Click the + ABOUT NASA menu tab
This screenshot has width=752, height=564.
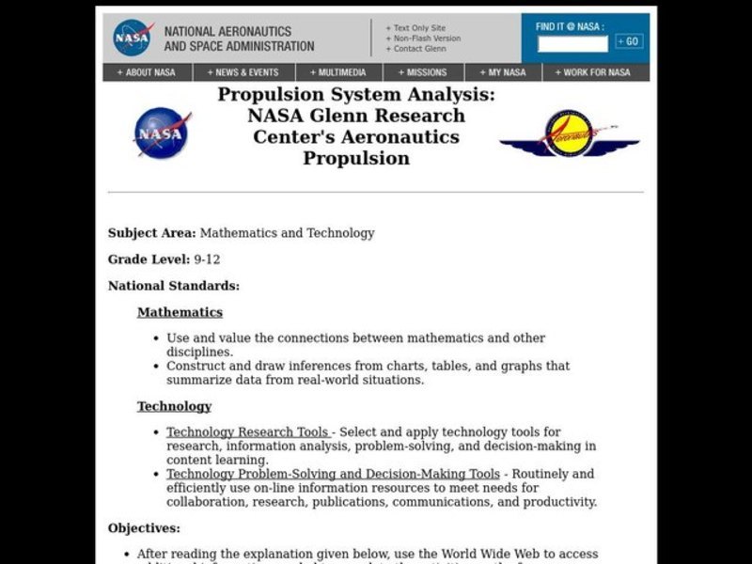click(x=148, y=72)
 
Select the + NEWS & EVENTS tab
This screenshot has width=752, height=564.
click(x=244, y=72)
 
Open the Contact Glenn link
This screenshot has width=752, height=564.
click(x=419, y=49)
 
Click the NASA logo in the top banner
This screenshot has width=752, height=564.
click(x=133, y=39)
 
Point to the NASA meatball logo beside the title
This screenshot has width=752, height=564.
click(x=162, y=132)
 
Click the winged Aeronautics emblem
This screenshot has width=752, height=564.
click(x=569, y=133)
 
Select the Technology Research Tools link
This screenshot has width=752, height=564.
click(x=247, y=432)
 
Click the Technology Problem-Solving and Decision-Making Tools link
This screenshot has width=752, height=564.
click(x=333, y=474)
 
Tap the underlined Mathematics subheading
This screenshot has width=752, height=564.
click(x=180, y=312)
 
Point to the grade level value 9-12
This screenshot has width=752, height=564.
click(x=207, y=259)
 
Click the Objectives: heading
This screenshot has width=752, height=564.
click(x=144, y=528)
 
